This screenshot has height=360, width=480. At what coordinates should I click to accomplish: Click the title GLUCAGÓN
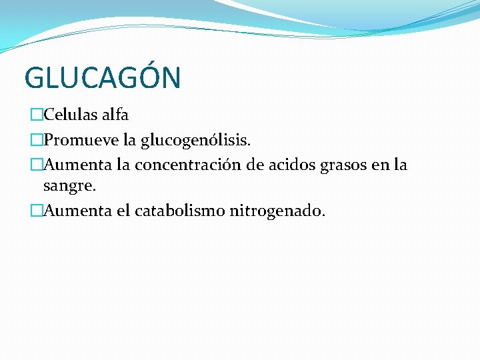coord(102,78)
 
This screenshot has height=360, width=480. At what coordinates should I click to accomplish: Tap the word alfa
coord(115,115)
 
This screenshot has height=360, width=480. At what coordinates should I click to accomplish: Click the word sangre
coord(69,188)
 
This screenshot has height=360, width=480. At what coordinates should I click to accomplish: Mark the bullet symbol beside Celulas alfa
coord(36,115)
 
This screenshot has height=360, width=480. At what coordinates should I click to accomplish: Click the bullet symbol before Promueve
coord(36,139)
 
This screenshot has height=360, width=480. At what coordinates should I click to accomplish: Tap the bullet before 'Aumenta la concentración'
coord(36,164)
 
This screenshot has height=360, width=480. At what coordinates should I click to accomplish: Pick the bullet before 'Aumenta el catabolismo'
coord(36,212)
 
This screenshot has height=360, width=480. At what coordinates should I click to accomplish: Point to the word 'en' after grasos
coord(385,164)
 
